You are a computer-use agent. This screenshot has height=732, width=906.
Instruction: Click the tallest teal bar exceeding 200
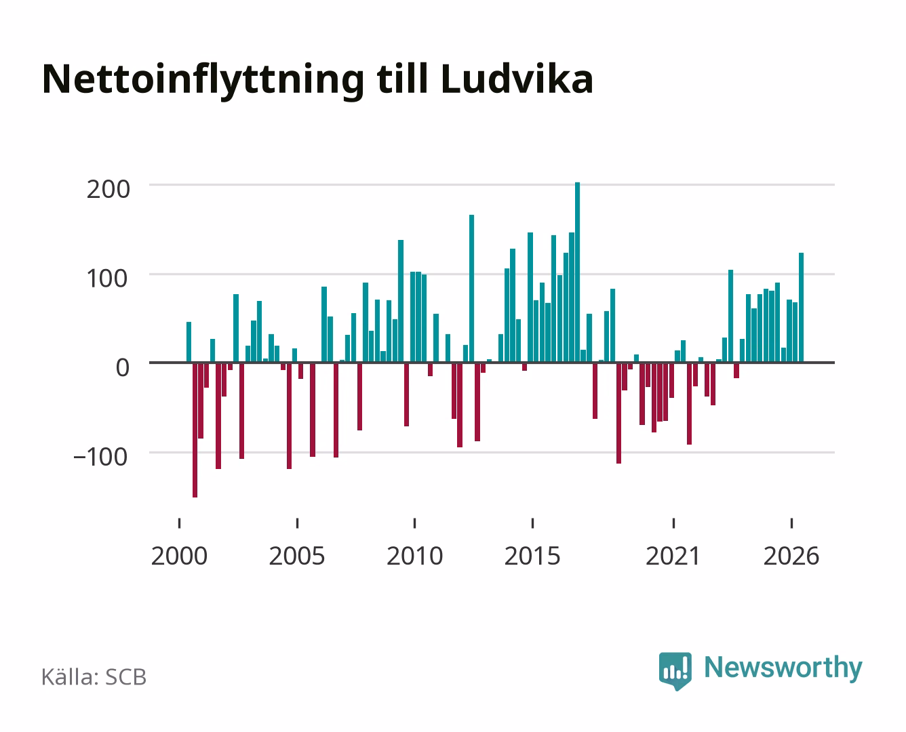[577, 272]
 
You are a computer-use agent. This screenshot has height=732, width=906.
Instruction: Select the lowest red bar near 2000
[195, 430]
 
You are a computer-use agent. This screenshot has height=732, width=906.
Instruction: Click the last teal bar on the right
[801, 307]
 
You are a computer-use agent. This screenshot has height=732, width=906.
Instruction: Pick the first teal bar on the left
[189, 342]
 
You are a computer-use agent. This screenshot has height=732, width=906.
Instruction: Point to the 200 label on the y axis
[108, 189]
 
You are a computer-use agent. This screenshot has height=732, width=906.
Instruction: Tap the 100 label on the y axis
[106, 279]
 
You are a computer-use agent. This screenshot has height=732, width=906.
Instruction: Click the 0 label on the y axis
[123, 368]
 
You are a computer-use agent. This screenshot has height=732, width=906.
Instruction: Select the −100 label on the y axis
[100, 457]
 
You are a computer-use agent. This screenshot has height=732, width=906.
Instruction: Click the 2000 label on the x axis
[179, 556]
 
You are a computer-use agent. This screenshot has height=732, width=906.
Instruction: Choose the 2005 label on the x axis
[297, 556]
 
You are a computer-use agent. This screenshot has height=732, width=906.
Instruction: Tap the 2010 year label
[415, 556]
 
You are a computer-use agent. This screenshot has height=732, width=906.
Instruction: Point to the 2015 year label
[532, 556]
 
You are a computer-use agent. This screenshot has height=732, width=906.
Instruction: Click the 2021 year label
[673, 556]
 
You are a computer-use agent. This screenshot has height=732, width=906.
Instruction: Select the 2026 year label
[791, 556]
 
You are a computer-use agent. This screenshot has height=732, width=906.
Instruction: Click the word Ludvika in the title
[517, 79]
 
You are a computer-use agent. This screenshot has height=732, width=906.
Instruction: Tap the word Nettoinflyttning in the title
[203, 81]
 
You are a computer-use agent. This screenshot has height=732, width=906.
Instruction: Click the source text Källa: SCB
[94, 677]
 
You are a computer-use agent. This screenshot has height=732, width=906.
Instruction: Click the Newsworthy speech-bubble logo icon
[675, 671]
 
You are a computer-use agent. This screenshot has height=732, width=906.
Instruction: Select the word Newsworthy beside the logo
[783, 668]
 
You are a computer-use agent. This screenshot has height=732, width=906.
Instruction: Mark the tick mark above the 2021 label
[673, 523]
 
